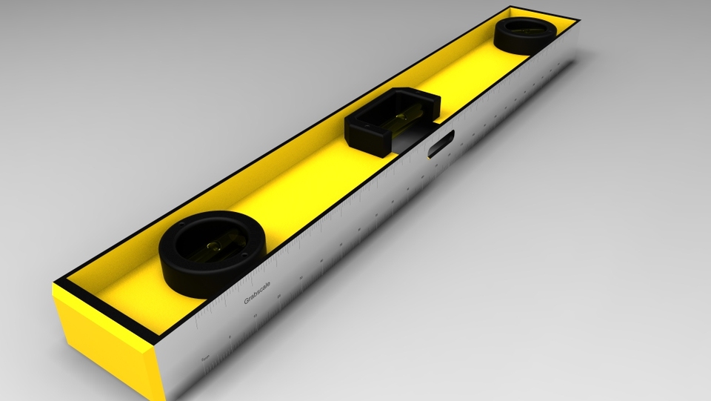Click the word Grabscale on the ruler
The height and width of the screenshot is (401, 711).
(x=257, y=293)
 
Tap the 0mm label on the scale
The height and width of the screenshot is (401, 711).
(x=205, y=358)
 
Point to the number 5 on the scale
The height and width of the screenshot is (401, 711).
(x=230, y=337)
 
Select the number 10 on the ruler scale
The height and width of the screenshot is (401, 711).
(x=256, y=316)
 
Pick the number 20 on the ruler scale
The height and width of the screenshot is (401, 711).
(x=279, y=296)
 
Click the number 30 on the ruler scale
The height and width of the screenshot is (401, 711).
(x=301, y=278)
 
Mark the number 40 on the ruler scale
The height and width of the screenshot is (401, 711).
(x=321, y=260)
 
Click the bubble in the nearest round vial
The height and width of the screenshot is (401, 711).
(x=214, y=246)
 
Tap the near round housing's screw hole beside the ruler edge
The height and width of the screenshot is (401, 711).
(x=244, y=255)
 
